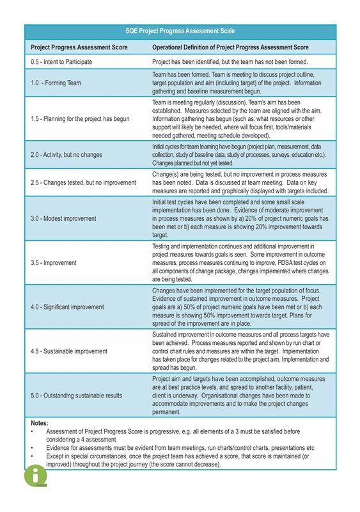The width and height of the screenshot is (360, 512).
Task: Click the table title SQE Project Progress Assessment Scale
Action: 180,31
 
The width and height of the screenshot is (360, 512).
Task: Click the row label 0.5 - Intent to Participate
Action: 61,61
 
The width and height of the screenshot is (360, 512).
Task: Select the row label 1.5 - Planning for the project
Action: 80,118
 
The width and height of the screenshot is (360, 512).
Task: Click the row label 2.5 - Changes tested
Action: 83,182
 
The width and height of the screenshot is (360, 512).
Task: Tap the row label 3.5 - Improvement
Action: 54,262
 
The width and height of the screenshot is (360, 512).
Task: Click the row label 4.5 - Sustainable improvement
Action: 69,351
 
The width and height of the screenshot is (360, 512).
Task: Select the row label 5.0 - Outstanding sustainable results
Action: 76,396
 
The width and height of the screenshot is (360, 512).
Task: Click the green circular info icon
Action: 36,476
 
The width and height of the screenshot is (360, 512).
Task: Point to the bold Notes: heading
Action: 40,423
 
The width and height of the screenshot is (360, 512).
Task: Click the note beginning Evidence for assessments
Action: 180,447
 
